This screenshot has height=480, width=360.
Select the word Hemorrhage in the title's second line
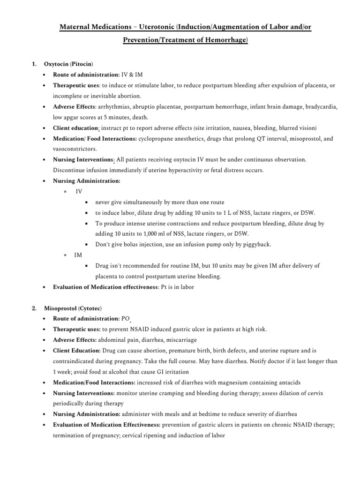pos(224,41)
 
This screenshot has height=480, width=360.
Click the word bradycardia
pos(317,106)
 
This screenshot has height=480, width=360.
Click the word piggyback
pos(257,244)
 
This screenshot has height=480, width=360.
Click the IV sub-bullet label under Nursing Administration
pos(78,191)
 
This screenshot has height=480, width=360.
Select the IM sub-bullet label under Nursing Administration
pos(78,255)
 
